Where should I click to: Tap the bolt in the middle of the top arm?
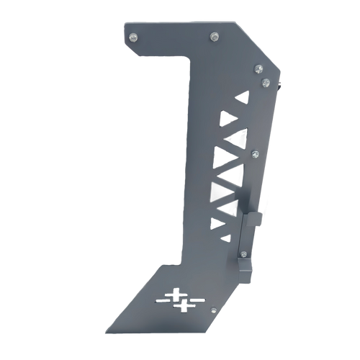tap(212, 35)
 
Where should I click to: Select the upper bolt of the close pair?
tap(256, 69)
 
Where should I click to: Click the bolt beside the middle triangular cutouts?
tap(255, 153)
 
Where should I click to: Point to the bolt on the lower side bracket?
tap(245, 253)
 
